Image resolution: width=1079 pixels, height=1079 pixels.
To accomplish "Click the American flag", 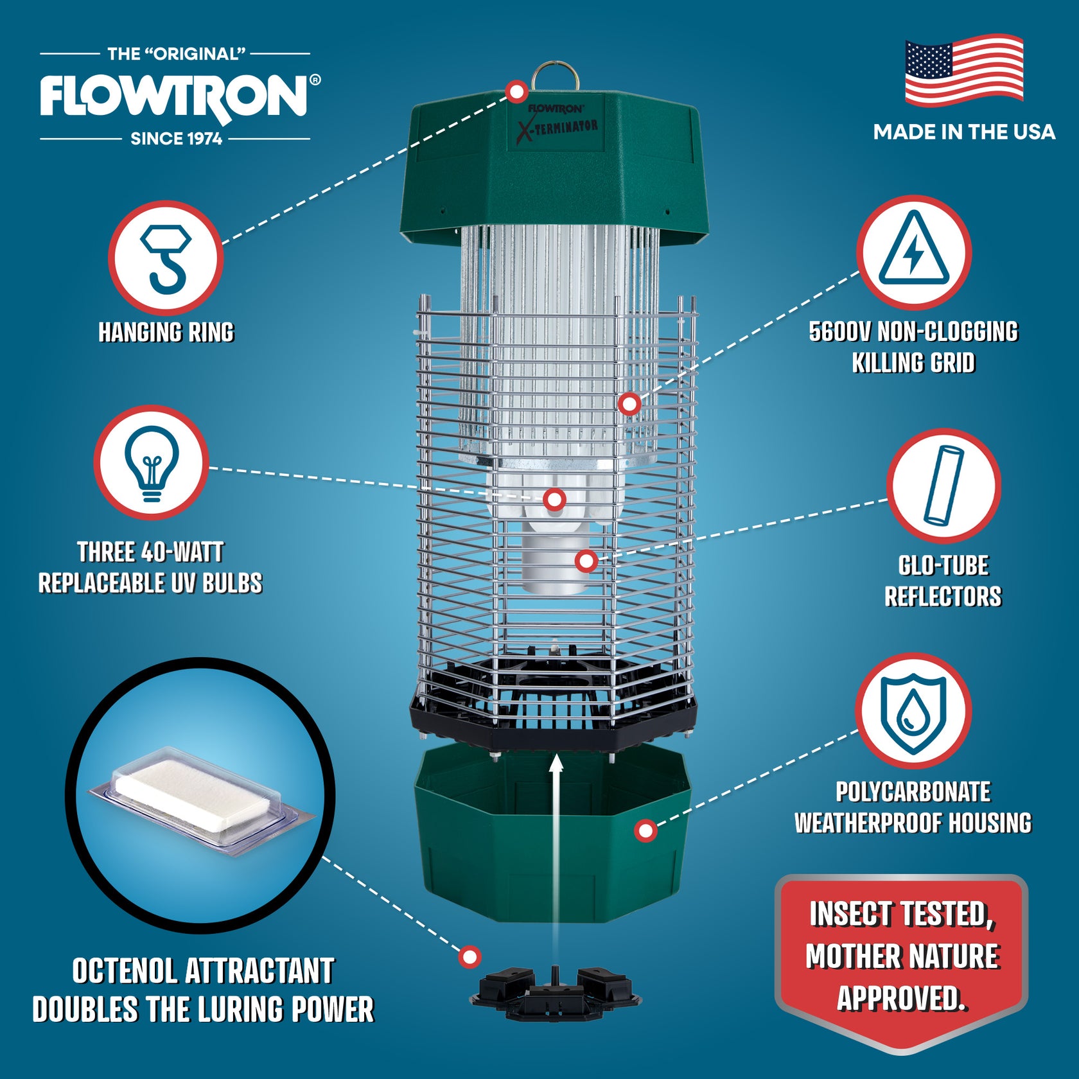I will tap(963, 71).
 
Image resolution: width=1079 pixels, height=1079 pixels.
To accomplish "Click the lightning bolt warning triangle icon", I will tap(913, 252).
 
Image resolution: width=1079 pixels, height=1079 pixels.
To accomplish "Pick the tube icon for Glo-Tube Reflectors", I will tap(943, 486).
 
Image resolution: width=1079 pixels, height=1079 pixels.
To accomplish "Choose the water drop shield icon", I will tap(913, 712).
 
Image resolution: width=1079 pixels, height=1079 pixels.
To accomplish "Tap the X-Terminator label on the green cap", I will tap(557, 127).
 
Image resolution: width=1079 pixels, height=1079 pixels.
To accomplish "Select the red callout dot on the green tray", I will tap(645, 830).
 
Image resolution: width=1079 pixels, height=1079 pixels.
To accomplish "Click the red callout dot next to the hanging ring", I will tap(516, 92).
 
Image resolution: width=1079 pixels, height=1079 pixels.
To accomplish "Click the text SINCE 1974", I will tap(176, 139).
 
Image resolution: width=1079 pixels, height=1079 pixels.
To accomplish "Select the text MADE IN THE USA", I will tap(963, 132).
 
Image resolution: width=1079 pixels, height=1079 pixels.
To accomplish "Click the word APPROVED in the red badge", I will tap(900, 998).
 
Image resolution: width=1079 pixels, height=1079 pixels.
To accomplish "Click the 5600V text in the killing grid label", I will tap(839, 332).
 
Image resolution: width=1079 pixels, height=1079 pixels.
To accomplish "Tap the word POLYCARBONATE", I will tap(912, 792).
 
